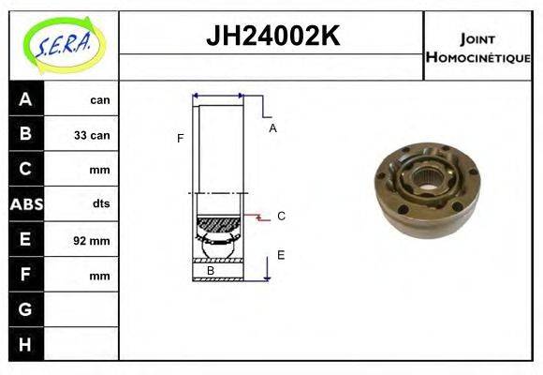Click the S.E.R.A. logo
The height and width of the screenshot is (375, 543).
tap(64, 44)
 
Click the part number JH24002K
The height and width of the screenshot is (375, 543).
tap(271, 37)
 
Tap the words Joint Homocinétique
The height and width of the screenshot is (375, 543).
tap(477, 47)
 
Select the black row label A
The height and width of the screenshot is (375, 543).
tap(25, 99)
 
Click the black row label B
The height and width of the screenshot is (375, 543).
tap(25, 134)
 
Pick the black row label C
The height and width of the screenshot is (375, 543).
tap(25, 170)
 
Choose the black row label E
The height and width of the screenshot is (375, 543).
tap(25, 240)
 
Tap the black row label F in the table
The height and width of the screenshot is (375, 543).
tap(25, 276)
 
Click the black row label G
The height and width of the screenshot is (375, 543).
tap(25, 308)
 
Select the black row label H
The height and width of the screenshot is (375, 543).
tap(25, 344)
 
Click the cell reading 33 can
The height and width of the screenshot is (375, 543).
tap(92, 135)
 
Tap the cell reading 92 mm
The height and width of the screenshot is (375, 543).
tap(92, 241)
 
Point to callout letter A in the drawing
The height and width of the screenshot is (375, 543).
tap(272, 128)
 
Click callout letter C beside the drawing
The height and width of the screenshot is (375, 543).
tap(281, 217)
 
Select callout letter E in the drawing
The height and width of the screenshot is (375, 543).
tap(281, 254)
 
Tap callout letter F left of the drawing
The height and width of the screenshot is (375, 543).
tap(180, 139)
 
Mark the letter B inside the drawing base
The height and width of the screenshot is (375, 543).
tap(211, 271)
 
